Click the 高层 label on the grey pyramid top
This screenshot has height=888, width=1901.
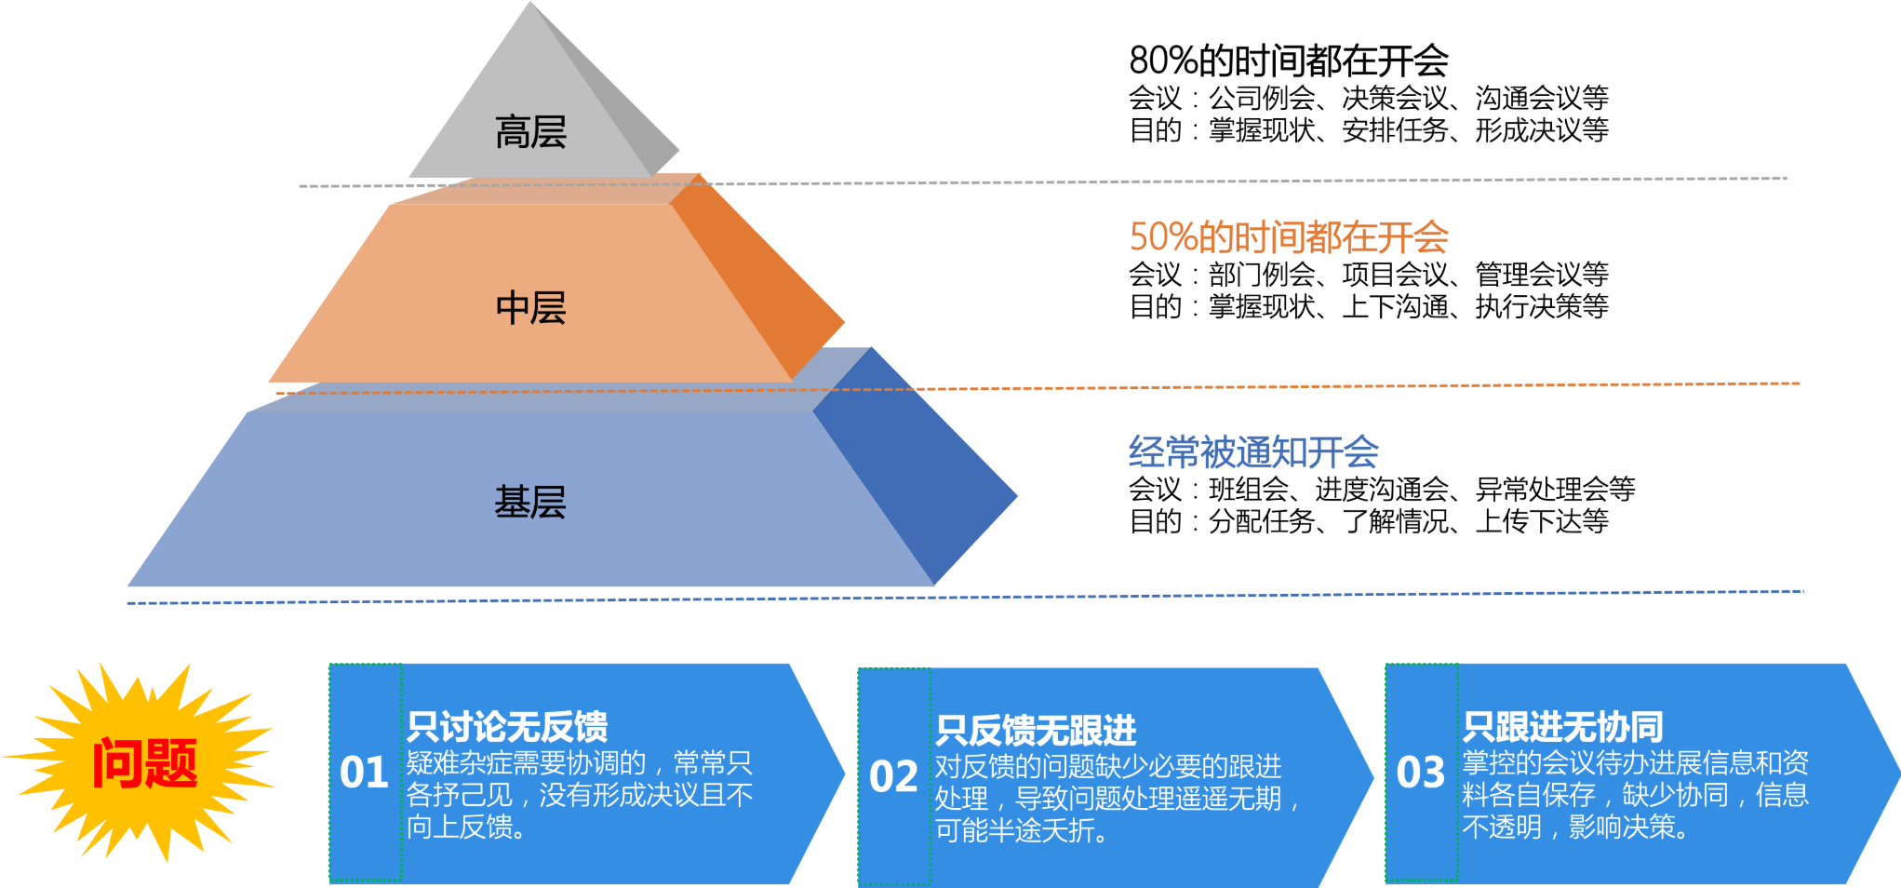(x=530, y=132)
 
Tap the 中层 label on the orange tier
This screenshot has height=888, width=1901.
(x=530, y=308)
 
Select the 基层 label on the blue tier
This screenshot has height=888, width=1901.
(x=530, y=503)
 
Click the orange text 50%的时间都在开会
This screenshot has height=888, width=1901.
(x=1289, y=237)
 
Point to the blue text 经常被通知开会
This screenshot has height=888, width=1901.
(x=1253, y=452)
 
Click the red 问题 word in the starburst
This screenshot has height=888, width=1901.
(x=145, y=763)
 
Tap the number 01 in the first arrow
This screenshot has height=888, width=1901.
(x=364, y=773)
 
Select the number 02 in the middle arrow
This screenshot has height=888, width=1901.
(x=893, y=776)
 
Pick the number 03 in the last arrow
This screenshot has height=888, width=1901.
(x=1421, y=773)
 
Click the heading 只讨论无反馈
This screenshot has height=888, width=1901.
(x=507, y=726)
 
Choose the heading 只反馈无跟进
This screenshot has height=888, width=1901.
(x=1036, y=731)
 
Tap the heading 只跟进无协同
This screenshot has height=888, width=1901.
(x=1562, y=726)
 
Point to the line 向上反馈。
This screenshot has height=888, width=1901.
(x=466, y=827)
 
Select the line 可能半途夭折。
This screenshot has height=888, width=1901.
(x=1022, y=830)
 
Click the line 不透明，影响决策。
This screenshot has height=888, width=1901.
(x=1575, y=827)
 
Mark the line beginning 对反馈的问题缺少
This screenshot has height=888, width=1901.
(x=1108, y=766)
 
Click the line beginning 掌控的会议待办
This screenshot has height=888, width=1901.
(x=1635, y=763)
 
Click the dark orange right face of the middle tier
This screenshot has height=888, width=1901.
(x=763, y=279)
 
